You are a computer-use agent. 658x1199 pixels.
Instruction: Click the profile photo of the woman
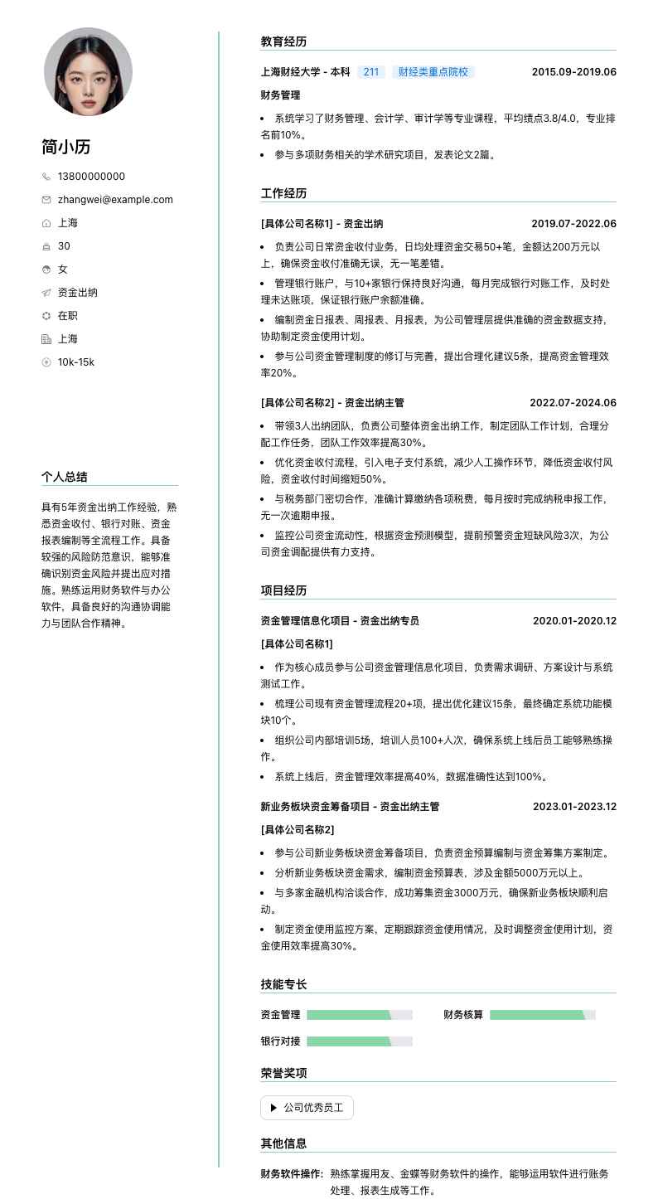(x=88, y=71)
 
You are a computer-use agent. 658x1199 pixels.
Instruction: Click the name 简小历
(x=66, y=147)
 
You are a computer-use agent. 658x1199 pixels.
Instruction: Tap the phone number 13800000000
(x=91, y=177)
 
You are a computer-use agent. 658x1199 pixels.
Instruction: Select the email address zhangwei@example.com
(x=115, y=200)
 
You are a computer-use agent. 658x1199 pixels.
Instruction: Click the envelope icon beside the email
(x=46, y=200)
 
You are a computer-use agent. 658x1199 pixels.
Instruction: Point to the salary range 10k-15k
(x=76, y=362)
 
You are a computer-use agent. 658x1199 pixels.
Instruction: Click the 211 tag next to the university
(x=371, y=72)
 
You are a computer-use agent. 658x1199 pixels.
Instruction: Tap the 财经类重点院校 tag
(x=433, y=72)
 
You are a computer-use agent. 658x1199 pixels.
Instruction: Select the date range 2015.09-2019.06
(x=573, y=72)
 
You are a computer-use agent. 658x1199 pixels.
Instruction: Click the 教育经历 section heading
(x=283, y=41)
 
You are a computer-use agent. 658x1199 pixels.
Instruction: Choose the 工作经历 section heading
(x=283, y=193)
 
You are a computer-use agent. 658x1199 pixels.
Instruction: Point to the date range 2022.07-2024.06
(x=573, y=403)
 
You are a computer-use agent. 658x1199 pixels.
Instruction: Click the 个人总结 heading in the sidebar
(x=65, y=477)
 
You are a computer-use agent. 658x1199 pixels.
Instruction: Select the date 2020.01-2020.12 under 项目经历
(x=574, y=621)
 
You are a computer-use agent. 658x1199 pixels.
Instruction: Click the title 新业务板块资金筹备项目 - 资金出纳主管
(x=350, y=807)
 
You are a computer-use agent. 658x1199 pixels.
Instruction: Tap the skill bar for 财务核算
(x=542, y=1015)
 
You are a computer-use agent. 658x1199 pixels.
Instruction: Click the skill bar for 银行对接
(x=359, y=1041)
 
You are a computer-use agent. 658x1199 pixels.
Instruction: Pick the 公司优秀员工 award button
(x=307, y=1108)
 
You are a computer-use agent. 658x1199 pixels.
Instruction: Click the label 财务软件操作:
(x=292, y=1174)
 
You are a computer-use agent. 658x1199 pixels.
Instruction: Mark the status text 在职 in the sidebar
(x=68, y=316)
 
